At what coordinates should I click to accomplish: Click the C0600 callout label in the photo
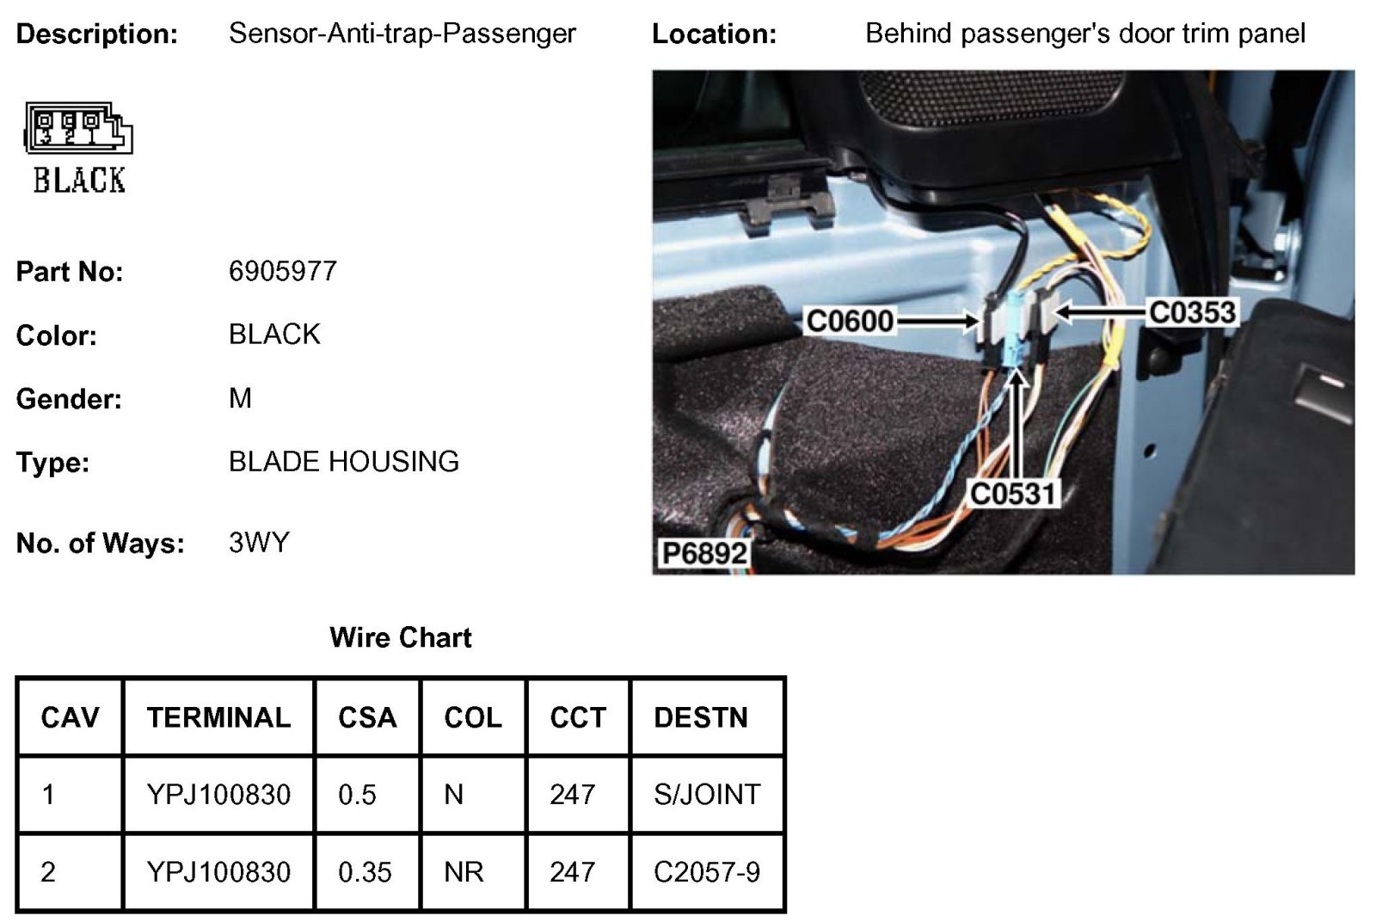(850, 321)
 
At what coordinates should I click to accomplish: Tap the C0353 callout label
(1192, 312)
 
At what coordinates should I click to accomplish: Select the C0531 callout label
(1012, 494)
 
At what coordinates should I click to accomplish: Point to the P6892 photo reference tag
(704, 553)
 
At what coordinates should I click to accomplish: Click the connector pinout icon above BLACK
(78, 129)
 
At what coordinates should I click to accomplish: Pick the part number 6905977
(282, 272)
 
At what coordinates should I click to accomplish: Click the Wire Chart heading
(401, 637)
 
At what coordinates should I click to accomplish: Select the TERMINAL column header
(218, 717)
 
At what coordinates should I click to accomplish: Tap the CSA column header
(367, 717)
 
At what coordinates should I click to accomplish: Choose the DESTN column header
(701, 717)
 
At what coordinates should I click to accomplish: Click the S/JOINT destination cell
(707, 794)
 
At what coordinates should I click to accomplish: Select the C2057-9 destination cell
(707, 872)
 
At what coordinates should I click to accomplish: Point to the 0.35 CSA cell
(365, 872)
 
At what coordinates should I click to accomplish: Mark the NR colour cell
(464, 872)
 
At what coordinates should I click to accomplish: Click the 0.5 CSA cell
(357, 794)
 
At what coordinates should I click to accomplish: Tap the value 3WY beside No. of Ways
(259, 543)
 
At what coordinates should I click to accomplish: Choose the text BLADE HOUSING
(343, 462)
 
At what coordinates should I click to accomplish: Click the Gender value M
(240, 398)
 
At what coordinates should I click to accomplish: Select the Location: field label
(714, 34)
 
